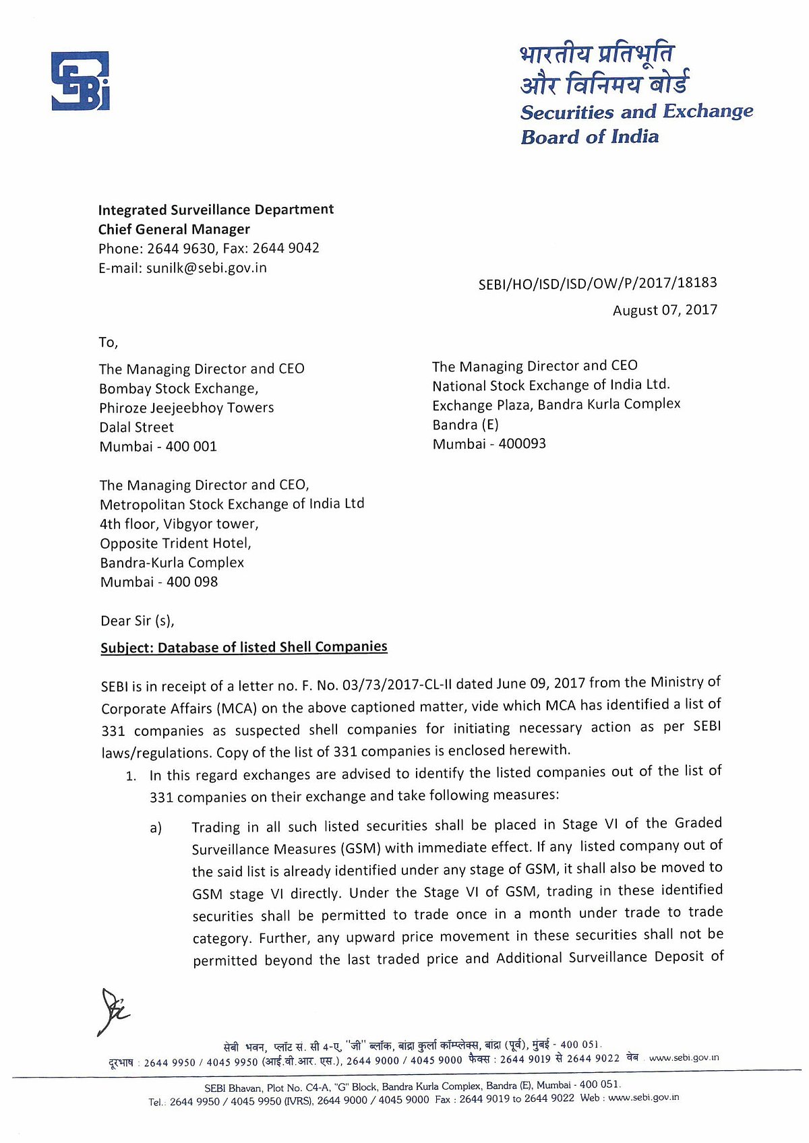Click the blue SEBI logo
coord(80,81)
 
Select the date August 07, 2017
coord(665,310)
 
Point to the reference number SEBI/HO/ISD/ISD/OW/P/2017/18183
coord(597,284)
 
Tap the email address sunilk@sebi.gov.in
coord(206,268)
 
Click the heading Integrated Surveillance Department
coord(216,210)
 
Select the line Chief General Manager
coord(174,229)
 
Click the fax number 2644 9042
coord(286,248)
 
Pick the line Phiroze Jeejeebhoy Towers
coord(187,408)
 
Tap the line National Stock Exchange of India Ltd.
coord(551,385)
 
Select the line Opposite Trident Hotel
coord(175,543)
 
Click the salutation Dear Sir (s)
coord(138,621)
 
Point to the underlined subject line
coord(244,647)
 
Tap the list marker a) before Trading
coord(156,828)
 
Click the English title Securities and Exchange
coord(636,112)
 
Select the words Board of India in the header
coord(590,137)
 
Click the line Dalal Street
coord(137,427)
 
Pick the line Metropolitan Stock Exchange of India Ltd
coord(232,504)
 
